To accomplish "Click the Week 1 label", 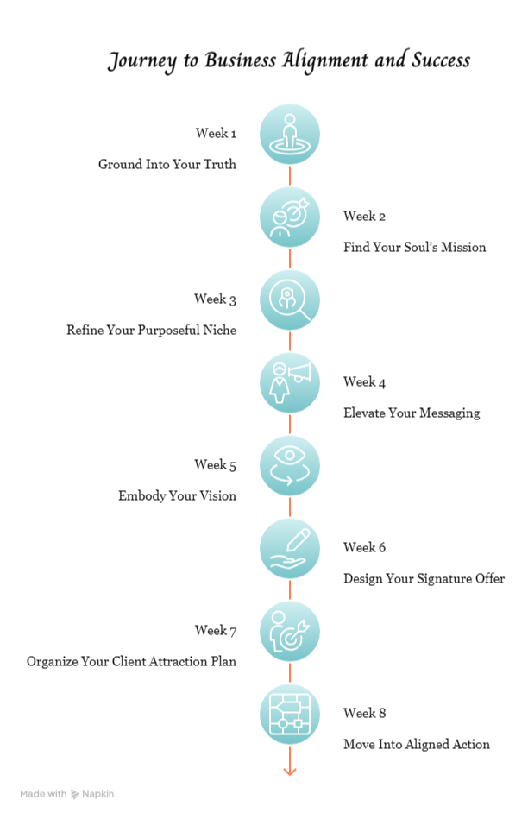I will click(215, 134).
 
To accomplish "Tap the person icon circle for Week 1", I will click(290, 134).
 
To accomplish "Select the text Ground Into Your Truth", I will click(167, 164).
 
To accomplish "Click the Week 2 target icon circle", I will click(290, 217).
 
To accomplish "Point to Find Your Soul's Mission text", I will click(414, 248).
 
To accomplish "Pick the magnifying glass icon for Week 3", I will click(290, 299).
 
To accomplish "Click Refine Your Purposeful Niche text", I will click(151, 330).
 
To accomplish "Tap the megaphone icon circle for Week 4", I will click(290, 382).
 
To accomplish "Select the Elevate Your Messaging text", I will click(411, 413).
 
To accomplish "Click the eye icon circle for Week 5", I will click(290, 465).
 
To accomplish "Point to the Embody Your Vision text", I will click(177, 495).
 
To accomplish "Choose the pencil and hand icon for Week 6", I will click(290, 548).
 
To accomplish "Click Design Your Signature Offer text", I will click(424, 578).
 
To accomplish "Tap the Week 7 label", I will click(215, 631).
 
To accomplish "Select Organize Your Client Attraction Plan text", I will click(131, 662).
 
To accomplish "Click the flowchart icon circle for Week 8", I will click(290, 714).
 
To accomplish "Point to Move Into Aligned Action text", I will click(416, 744).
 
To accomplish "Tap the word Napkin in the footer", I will click(97, 794).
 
